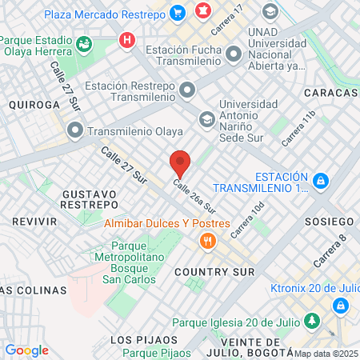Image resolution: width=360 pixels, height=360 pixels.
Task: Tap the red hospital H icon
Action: click(x=126, y=39)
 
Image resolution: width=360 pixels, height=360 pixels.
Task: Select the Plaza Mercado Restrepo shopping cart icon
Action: click(x=177, y=13)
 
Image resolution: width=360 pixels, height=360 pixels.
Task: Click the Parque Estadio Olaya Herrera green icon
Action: click(x=83, y=42)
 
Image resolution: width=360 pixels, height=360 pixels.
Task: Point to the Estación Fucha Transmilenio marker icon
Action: click(x=234, y=54)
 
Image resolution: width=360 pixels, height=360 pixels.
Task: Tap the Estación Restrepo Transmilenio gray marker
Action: click(x=186, y=88)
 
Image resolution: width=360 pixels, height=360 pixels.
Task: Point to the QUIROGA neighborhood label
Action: click(x=34, y=105)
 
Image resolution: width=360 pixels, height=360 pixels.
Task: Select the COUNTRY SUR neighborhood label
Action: click(x=218, y=272)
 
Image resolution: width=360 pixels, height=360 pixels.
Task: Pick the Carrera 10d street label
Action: click(x=246, y=220)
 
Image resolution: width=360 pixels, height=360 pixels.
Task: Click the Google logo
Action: click(x=26, y=350)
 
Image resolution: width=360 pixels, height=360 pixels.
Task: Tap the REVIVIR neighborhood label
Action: click(x=34, y=221)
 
